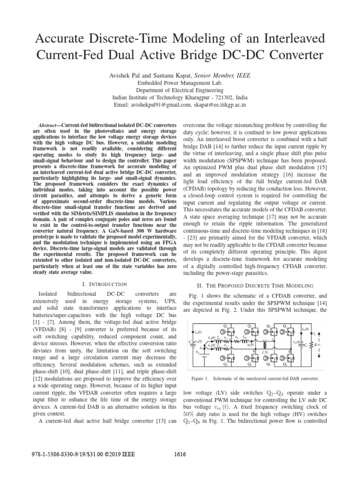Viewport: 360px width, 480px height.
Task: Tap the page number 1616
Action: tap(180, 467)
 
